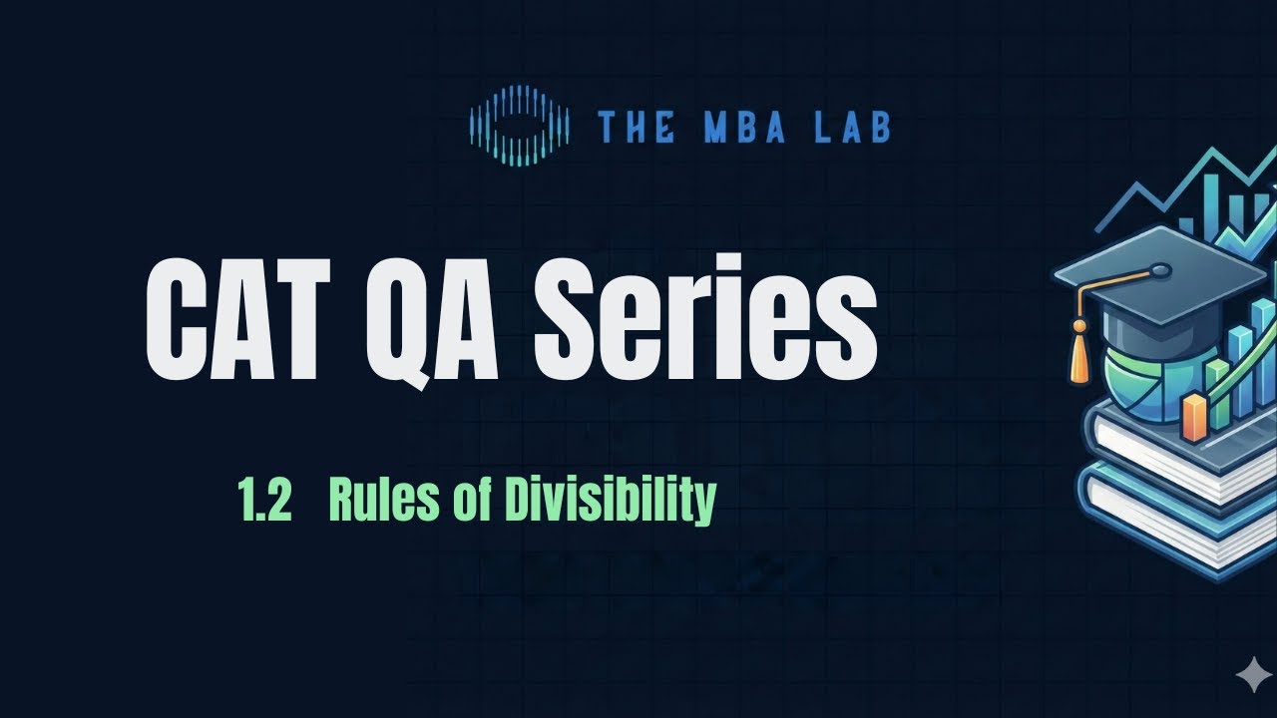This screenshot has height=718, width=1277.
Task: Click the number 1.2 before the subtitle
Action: pos(264,500)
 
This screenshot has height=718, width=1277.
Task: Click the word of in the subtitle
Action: pos(469,500)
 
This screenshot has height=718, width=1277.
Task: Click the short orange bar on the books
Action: pos(1194,417)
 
